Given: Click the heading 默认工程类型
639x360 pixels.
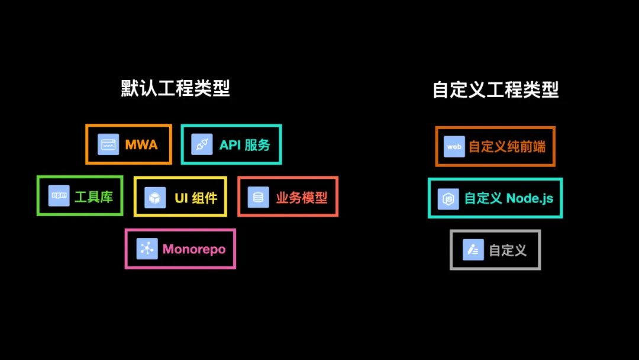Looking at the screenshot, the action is tap(175, 89).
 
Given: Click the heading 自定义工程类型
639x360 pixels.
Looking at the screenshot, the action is tap(495, 90).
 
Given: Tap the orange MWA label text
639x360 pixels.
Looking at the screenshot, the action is tap(141, 144).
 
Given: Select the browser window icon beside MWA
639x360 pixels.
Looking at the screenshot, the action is tap(108, 144).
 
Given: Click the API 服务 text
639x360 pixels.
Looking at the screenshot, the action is tap(244, 144).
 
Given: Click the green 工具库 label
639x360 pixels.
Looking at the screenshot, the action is tap(93, 197).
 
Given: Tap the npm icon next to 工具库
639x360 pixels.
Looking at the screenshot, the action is tap(59, 196).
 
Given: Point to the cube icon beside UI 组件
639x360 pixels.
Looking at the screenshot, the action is tap(155, 197).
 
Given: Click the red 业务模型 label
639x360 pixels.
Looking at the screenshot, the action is tap(301, 197).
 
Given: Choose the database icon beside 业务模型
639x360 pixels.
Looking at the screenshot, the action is tap(258, 197).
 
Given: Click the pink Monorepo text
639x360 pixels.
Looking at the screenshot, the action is tap(194, 249).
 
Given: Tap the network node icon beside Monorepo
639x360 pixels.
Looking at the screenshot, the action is tap(147, 249).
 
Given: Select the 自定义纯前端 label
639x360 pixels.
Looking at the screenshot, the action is tap(507, 146).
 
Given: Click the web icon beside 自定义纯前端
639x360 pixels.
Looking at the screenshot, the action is tap(454, 146).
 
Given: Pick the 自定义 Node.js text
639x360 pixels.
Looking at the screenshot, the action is tap(508, 198).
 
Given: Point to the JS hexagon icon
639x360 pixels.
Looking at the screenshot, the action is tap(448, 198).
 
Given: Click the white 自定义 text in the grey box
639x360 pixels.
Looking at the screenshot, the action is tap(508, 250).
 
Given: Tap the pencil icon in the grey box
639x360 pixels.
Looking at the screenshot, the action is tap(473, 250).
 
